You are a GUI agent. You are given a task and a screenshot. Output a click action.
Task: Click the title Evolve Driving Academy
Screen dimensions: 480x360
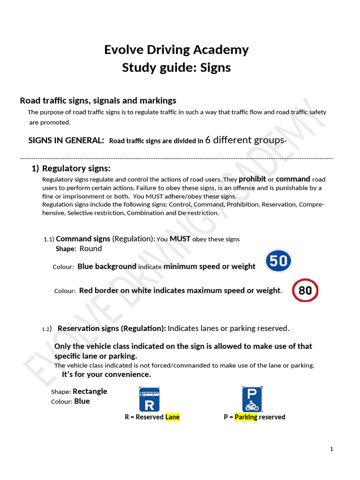(176, 50)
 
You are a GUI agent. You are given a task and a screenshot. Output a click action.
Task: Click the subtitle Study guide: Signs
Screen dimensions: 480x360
(176, 67)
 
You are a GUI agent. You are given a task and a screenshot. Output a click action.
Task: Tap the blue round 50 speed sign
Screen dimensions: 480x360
(278, 261)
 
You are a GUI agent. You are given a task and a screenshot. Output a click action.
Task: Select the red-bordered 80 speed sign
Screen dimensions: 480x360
(305, 290)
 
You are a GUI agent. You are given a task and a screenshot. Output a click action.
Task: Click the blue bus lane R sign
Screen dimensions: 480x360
(150, 399)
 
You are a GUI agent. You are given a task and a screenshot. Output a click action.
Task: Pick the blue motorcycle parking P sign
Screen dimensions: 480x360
(252, 399)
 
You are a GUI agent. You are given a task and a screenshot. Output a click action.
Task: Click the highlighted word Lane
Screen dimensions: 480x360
(172, 417)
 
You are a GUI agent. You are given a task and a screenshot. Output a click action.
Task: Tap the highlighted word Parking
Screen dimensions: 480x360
(246, 417)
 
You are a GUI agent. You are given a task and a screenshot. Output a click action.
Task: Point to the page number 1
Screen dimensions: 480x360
(331, 449)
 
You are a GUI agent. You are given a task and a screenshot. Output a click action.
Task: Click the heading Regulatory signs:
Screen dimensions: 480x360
(76, 169)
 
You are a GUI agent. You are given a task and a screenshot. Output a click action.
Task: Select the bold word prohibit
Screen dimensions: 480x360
(252, 179)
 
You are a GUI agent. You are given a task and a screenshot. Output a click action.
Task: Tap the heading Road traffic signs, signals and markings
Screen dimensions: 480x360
(98, 100)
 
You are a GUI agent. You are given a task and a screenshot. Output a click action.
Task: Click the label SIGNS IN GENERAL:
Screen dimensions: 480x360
(66, 141)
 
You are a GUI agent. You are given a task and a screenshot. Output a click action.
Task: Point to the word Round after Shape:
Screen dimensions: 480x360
(90, 248)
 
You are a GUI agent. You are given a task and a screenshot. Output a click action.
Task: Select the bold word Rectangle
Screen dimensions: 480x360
(90, 391)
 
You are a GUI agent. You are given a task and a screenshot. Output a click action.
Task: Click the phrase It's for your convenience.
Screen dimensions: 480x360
(106, 375)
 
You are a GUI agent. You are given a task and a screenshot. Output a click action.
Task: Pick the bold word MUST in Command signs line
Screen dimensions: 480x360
(180, 239)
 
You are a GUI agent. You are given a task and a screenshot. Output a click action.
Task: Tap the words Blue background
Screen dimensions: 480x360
(107, 266)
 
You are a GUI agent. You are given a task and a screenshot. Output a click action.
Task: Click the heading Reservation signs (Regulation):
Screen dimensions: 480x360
(112, 329)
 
